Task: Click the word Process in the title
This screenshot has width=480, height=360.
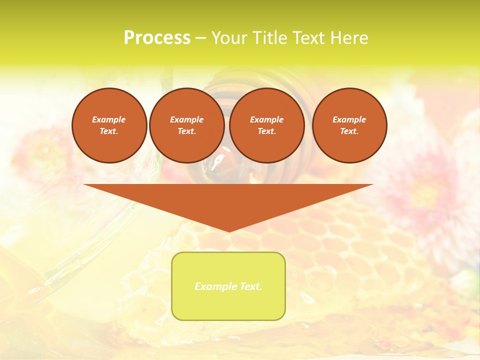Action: [157, 38]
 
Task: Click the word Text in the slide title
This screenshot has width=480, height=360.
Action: [310, 38]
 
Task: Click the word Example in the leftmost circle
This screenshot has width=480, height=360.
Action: [109, 119]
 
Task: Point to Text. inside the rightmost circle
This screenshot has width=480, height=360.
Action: [349, 131]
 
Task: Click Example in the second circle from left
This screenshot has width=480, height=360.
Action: [186, 119]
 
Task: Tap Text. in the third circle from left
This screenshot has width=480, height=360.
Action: [266, 131]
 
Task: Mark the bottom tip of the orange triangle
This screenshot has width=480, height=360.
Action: [228, 230]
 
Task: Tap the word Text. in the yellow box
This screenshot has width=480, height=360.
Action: [250, 286]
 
